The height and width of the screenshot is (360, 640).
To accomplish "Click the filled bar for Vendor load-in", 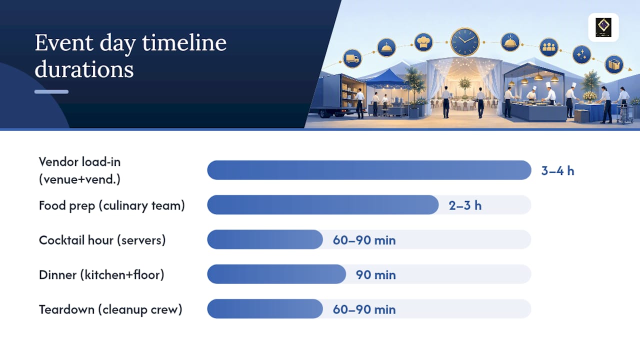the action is (x=369, y=170).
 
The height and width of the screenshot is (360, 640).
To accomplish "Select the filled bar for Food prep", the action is (x=323, y=205).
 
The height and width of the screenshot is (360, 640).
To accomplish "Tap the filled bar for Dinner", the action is (x=276, y=274).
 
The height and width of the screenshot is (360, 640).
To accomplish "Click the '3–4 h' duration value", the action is (x=557, y=171).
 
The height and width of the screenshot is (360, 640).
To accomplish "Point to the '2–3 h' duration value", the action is (x=465, y=205).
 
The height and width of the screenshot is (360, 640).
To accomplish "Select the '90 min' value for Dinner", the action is (x=375, y=275).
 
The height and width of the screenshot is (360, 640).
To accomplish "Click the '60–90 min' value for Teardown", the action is (x=364, y=309).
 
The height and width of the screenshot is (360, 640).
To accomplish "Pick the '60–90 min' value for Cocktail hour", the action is (x=364, y=240).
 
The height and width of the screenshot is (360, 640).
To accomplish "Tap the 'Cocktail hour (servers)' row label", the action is (x=102, y=240).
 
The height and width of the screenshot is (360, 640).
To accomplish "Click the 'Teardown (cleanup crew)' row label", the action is (x=110, y=309).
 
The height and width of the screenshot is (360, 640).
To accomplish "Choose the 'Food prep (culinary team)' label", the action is (x=112, y=205).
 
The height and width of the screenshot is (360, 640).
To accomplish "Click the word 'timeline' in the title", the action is (x=184, y=43).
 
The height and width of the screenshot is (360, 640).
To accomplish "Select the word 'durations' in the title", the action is (x=84, y=69).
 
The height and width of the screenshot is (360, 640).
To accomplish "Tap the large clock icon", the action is (x=465, y=42).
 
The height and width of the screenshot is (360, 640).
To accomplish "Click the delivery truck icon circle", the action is (x=352, y=58).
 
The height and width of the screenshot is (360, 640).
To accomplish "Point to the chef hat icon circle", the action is (x=423, y=42).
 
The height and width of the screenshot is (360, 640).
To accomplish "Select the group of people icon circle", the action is (x=548, y=47).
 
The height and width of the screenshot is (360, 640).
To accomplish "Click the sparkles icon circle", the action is (x=581, y=54).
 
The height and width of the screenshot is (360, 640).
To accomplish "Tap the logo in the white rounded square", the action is (x=603, y=27).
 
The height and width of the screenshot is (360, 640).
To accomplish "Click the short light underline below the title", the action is (x=51, y=91).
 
